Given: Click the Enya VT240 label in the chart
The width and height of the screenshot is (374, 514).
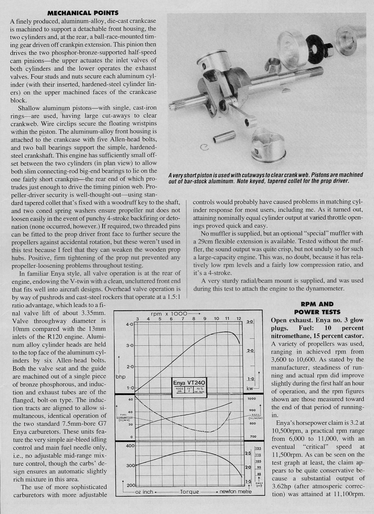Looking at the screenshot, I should click(x=190, y=383).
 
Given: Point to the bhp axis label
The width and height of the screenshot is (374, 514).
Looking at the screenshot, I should click(x=120, y=375).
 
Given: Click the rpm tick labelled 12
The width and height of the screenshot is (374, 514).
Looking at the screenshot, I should click(x=238, y=318).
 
